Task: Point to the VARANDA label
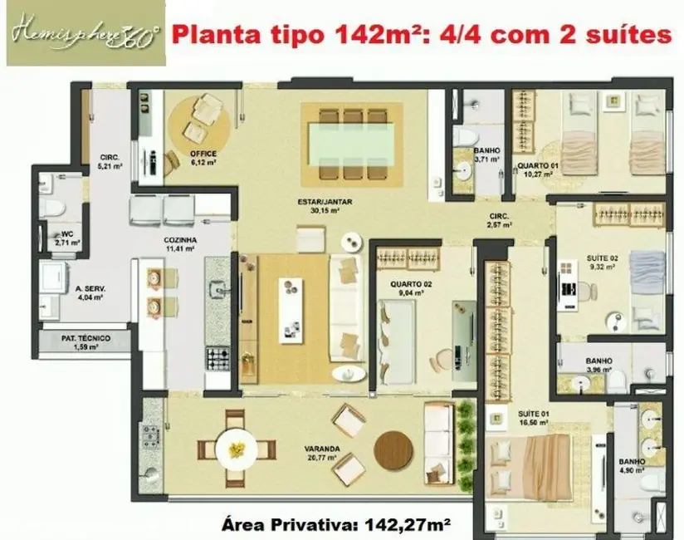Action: point(320,452)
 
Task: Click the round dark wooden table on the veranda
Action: point(393,451)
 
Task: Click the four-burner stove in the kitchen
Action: point(217,360)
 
